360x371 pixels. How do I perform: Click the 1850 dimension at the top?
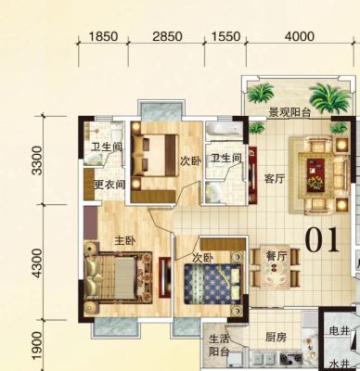pos(103,36)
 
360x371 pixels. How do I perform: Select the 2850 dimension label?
pos(167,36)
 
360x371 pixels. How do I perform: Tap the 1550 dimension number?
pos(225,36)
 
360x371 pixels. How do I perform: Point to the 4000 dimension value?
pos(300,36)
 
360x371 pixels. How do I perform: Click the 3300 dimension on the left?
pos(37,160)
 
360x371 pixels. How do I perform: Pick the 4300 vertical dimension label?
pos(37,263)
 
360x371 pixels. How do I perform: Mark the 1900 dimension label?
pos(37,346)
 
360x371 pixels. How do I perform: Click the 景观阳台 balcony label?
pos(289,112)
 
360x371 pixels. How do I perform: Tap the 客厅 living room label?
pos(275,179)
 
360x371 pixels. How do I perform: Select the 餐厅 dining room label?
pos(276,256)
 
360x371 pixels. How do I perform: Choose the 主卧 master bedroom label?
pos(125,240)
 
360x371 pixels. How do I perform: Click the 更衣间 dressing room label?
pos(109,185)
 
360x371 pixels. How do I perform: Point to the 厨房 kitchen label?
pos(276,338)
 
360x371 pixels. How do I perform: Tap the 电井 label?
pos(340,331)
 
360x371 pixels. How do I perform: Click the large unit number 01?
pos(322,240)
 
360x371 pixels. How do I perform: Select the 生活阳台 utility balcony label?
pos(219,345)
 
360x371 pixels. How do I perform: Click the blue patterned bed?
pos(212,283)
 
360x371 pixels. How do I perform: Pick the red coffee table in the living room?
pos(316,174)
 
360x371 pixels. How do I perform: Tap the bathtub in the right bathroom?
pos(224,130)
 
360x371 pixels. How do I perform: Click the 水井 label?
pos(340,364)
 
